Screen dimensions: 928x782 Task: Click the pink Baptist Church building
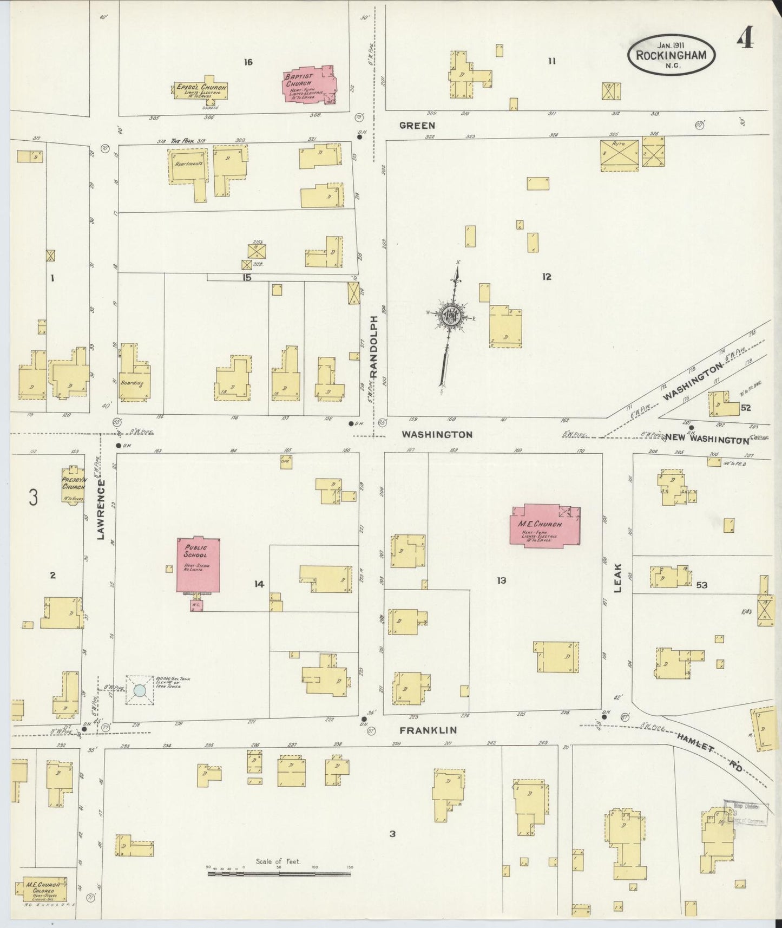click(308, 84)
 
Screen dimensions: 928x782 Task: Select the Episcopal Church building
click(201, 90)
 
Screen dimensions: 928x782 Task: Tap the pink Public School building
click(199, 565)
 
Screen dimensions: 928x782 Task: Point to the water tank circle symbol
click(140, 690)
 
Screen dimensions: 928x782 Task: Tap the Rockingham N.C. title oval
click(671, 54)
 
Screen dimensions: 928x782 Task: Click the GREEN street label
click(417, 126)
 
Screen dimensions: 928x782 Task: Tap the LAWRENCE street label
click(100, 508)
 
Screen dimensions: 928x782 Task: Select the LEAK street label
click(617, 578)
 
